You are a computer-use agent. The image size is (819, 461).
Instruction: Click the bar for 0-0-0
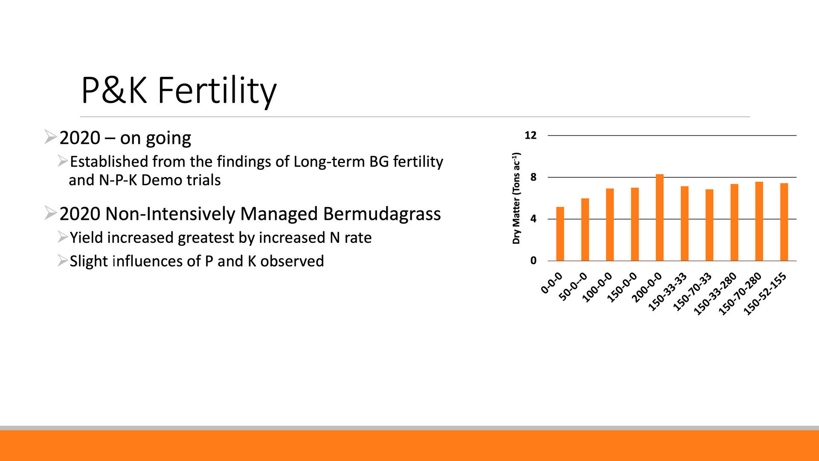tap(560, 234)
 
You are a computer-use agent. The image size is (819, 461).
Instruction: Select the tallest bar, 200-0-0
tap(659, 218)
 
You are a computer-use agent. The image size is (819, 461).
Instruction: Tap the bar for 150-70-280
tap(759, 222)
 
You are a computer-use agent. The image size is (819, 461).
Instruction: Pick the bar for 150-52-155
tap(784, 222)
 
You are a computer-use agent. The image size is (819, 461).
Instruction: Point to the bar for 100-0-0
tap(610, 225)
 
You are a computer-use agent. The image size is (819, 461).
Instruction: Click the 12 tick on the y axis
tap(530, 135)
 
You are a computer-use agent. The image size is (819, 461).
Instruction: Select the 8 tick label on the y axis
tap(533, 177)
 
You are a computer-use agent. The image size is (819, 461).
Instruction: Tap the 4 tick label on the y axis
tap(533, 219)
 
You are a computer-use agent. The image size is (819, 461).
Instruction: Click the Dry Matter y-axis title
tap(517, 198)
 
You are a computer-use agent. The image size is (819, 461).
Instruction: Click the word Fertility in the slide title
tap(217, 90)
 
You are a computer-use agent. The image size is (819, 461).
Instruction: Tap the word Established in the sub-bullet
tap(109, 162)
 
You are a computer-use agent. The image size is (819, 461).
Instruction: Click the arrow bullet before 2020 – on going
tap(50, 137)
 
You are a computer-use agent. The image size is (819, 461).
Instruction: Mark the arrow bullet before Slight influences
tap(63, 260)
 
